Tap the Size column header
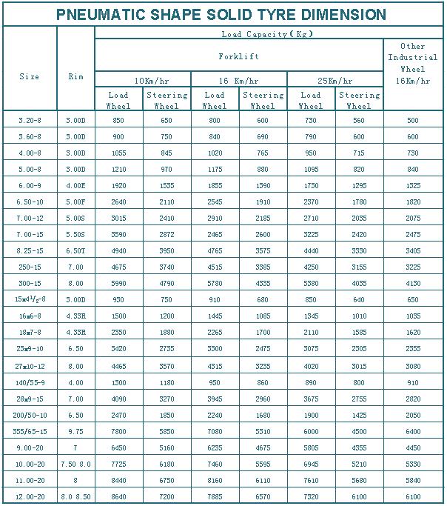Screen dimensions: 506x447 [30, 76]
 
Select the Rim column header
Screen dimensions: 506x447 [75, 76]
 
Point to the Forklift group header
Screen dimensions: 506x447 [238, 56]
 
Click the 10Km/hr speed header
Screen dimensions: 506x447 [143, 81]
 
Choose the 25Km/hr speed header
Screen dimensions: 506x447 [335, 81]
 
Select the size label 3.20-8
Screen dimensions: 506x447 [30, 120]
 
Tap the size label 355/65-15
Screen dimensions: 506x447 [30, 431]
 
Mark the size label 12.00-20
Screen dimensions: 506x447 [30, 496]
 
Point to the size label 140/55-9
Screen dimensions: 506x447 [30, 382]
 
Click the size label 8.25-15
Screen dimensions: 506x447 [30, 251]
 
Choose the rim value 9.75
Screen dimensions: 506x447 [75, 431]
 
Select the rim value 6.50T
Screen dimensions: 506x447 [75, 251]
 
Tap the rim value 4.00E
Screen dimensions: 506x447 [75, 185]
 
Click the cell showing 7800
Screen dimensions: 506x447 [118, 431]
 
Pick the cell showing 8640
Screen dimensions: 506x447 [118, 496]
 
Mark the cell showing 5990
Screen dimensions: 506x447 [118, 284]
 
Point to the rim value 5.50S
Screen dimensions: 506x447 [75, 235]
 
